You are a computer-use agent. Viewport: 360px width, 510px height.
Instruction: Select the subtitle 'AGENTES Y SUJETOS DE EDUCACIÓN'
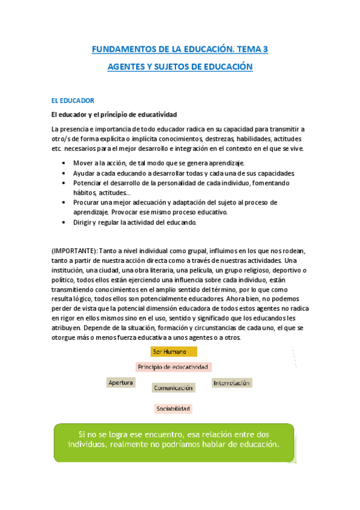180,67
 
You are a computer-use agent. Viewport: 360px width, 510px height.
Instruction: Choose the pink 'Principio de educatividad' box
173,366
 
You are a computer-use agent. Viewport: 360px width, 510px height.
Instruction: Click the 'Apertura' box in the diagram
120,382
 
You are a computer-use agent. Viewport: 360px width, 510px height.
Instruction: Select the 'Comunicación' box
173,388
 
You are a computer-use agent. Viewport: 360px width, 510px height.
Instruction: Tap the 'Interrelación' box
231,382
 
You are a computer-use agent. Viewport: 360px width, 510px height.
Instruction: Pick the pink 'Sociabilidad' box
173,409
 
